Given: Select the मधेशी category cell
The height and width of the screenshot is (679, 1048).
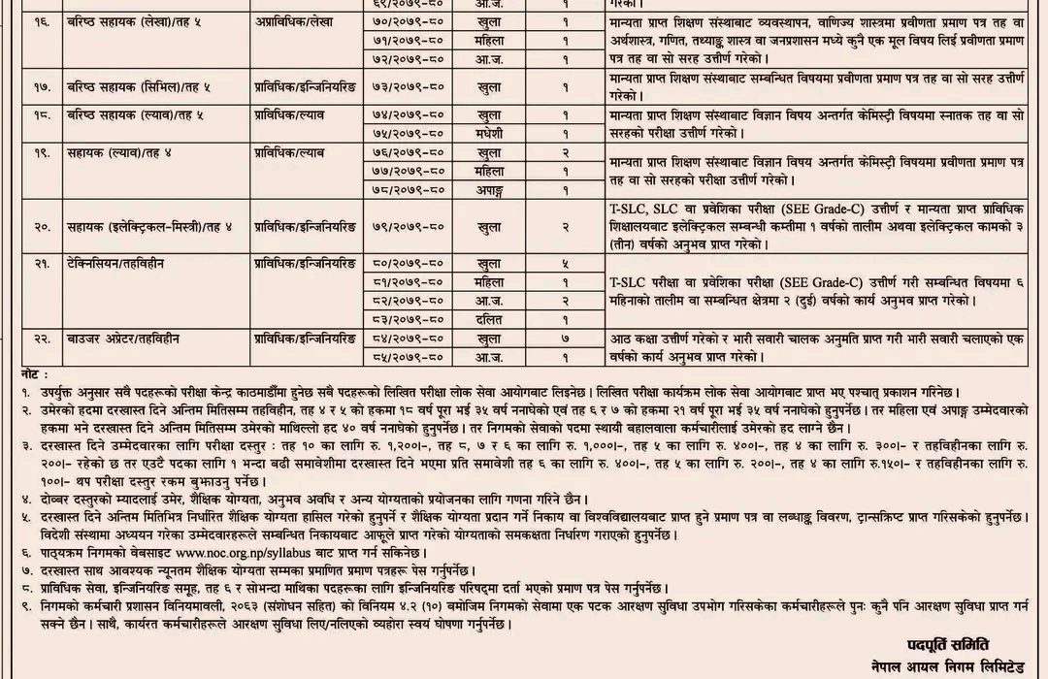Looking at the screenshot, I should click(488, 133).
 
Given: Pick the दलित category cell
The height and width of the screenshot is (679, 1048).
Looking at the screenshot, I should click(488, 318).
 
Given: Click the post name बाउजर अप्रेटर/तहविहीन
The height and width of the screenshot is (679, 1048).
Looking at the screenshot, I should click(123, 339).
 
